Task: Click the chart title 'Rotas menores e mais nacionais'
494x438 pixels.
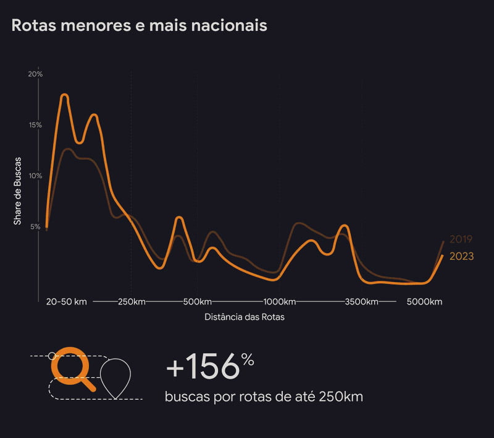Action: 139,26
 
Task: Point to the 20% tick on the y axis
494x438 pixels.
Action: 35,74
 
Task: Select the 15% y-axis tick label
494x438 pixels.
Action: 35,125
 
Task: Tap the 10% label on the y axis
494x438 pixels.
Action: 35,176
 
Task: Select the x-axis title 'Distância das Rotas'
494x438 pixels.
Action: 245,317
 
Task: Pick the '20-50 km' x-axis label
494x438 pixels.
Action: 66,301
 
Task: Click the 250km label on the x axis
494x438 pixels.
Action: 131,301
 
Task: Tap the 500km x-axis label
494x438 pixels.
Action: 198,301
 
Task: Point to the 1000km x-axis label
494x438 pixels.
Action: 280,301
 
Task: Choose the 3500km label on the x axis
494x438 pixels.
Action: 361,301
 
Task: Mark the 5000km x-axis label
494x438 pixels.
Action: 424,301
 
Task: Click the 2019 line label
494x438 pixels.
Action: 461,239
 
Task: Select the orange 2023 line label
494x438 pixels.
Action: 461,257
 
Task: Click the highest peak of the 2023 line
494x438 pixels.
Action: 64,95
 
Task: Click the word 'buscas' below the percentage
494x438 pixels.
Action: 186,397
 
